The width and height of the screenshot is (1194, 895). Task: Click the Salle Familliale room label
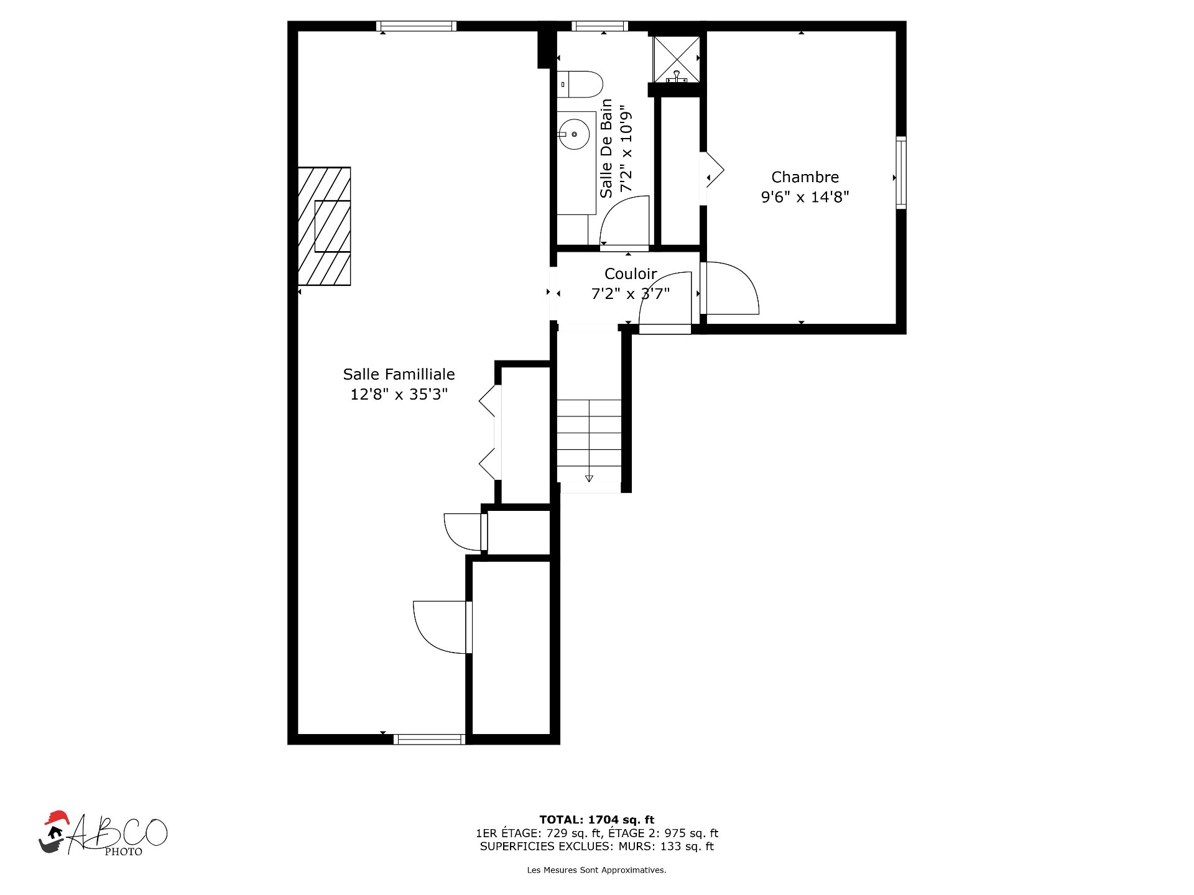(399, 374)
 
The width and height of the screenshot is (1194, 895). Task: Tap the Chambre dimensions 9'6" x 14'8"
(805, 197)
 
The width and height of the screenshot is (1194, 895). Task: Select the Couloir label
(631, 273)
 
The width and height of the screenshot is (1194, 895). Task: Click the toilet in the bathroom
(580, 84)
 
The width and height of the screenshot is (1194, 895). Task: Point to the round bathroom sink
(573, 134)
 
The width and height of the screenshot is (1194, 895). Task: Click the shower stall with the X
(676, 59)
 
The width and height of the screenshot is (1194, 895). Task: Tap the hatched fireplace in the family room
(324, 226)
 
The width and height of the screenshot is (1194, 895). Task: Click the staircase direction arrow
(589, 479)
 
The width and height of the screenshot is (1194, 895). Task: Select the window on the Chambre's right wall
(900, 173)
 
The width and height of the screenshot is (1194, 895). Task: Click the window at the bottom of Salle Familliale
(429, 739)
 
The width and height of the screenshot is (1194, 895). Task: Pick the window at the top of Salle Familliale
(417, 26)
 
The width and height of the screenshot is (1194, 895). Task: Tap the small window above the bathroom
(599, 26)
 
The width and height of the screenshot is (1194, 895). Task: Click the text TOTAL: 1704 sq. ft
(597, 820)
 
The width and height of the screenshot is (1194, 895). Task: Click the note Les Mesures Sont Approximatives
(597, 870)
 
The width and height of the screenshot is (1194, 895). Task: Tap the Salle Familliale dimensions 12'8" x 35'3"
(399, 394)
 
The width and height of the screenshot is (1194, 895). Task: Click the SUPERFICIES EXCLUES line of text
(597, 847)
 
